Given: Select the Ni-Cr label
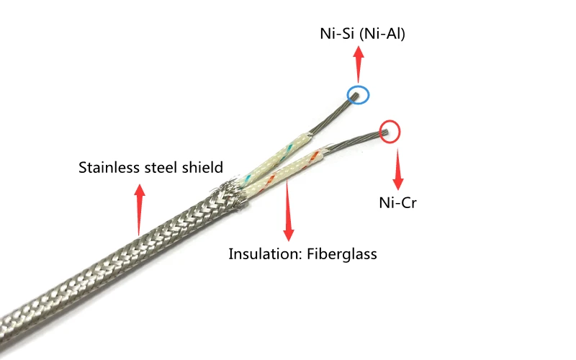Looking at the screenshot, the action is click(398, 202).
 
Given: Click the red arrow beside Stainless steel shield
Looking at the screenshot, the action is click(139, 210).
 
